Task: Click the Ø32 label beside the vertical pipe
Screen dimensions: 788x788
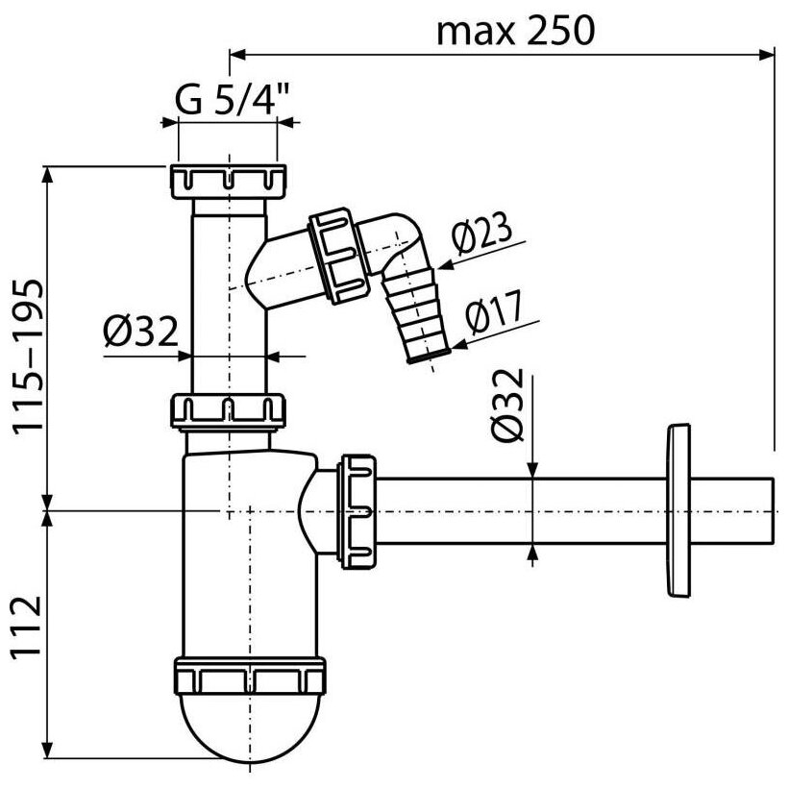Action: (140, 333)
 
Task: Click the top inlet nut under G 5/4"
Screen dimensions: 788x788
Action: (228, 181)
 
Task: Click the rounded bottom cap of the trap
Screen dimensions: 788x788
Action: (250, 730)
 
